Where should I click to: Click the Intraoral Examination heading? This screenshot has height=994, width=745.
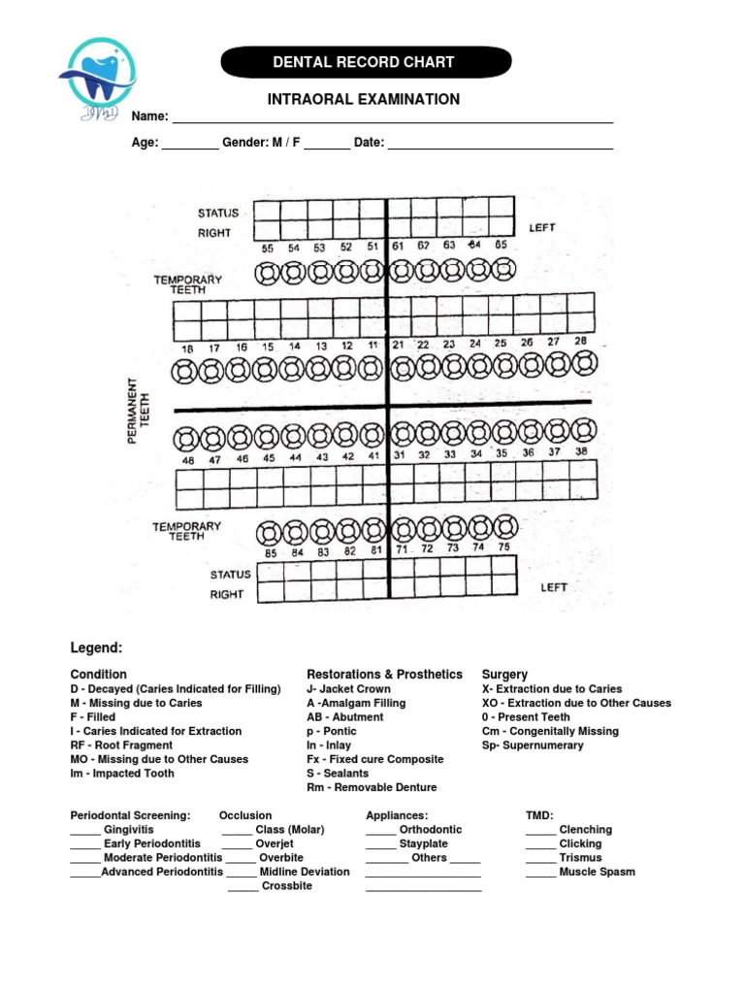coord(363,99)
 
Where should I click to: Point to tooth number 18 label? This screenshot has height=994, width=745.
coord(188,347)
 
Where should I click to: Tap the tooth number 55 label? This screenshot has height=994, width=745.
coord(268,248)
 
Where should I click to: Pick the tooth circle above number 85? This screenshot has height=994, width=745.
coord(270,531)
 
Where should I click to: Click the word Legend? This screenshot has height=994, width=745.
coord(96,647)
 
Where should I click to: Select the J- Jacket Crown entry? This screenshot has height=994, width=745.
coord(348,689)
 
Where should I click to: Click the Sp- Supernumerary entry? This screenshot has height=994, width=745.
coord(533,745)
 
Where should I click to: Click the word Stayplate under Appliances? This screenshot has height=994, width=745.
coord(424,845)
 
